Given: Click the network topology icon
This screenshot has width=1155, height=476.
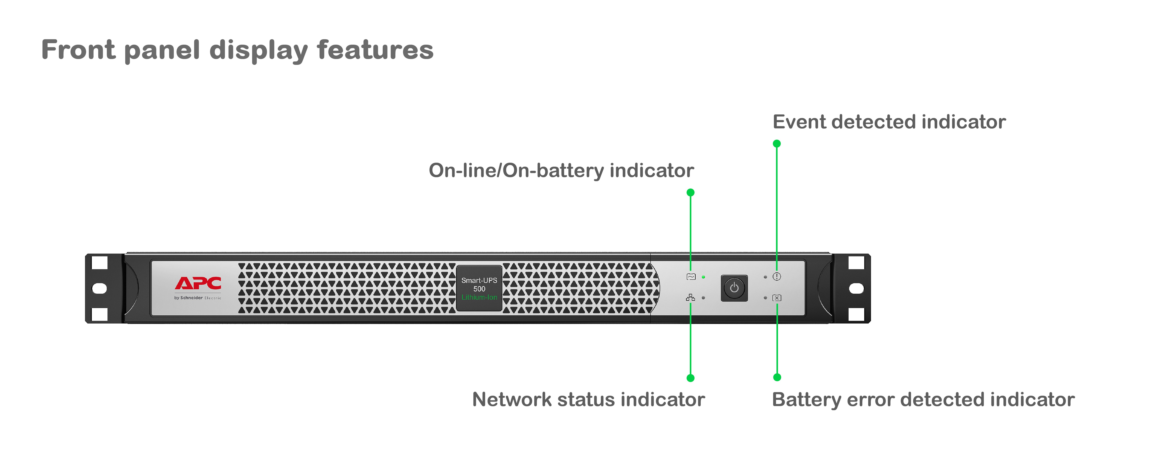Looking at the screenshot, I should click(691, 298).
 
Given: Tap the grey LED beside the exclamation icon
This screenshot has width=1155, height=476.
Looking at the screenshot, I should click(765, 277).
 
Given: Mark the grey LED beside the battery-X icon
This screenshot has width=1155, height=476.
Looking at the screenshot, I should click(765, 298).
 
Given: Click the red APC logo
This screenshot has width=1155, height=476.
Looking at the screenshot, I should click(198, 283).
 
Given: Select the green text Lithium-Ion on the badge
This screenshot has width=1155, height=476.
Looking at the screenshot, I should click(479, 297).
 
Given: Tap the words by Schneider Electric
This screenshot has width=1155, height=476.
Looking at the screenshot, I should click(198, 298).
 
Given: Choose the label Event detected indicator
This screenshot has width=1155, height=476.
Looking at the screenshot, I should click(889, 122).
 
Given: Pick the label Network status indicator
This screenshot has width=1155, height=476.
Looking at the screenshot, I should click(588, 399).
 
